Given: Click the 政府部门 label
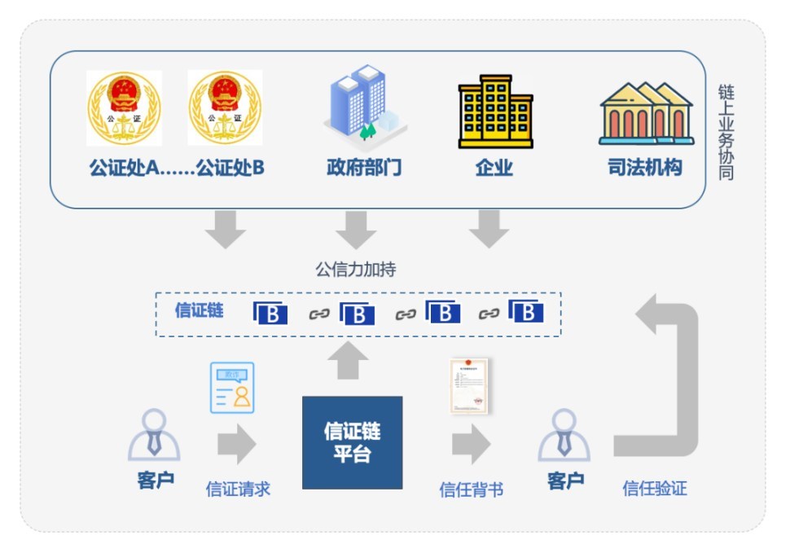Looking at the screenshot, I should coord(364,168).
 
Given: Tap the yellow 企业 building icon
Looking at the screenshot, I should coord(494,112).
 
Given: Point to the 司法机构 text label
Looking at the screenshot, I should coord(646,168).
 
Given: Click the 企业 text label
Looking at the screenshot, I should coord(494,168).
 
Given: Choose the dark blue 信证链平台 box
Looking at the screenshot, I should coord(352,442).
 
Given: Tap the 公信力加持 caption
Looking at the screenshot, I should coord(356,270).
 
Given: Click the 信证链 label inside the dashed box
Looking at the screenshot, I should coord(199,310).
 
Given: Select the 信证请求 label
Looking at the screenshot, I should coord(238,489).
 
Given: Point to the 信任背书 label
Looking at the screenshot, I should coord(471,489).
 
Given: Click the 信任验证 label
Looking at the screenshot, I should coord(655,489).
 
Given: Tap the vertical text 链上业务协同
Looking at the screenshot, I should coord(726,130).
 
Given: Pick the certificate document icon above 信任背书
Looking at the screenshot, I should coord(470,385).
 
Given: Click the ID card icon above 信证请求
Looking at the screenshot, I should coord(232,388).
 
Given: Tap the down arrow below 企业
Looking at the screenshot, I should coord(489,228).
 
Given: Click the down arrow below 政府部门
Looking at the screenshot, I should coord(356,229).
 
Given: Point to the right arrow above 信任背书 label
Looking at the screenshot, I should coord(471,444).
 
